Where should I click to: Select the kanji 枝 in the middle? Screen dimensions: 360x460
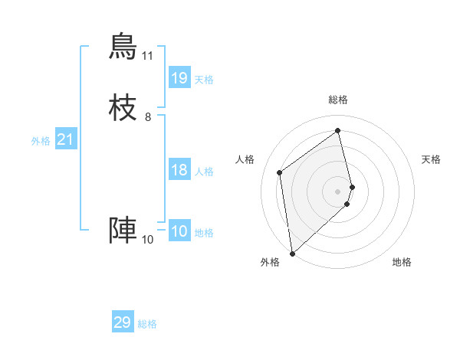[x=123, y=106]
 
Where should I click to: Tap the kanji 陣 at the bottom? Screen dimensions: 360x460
[x=123, y=230]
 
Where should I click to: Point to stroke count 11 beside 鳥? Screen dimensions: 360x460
[x=148, y=56]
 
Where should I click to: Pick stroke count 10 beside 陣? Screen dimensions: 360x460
[x=148, y=240]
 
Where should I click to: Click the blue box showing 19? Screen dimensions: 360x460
[x=179, y=78]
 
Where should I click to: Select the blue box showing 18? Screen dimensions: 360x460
[x=179, y=170]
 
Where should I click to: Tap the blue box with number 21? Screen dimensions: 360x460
[x=66, y=139]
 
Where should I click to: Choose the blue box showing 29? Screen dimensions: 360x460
[x=123, y=322]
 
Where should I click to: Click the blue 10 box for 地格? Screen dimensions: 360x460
[x=179, y=231]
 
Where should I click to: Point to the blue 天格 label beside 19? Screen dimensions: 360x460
[x=204, y=80]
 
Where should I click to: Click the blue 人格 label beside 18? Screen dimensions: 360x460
[x=204, y=172]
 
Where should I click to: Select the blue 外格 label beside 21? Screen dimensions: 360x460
[x=41, y=141]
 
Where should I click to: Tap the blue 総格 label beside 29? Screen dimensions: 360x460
[x=147, y=324]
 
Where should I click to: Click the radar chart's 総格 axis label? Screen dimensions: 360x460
[x=338, y=100]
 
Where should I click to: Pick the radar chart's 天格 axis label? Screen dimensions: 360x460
[x=431, y=159]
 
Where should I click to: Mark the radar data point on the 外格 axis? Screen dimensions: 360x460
[x=292, y=254]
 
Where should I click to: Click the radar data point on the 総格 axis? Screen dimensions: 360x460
[x=338, y=130]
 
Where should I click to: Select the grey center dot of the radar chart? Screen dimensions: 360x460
[x=338, y=191]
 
